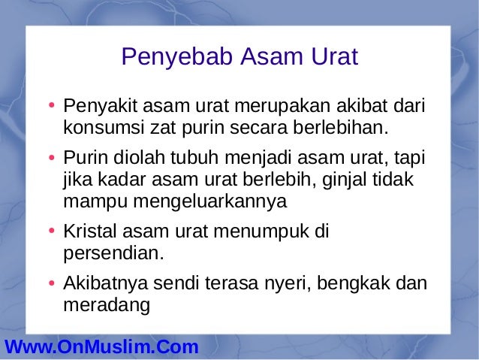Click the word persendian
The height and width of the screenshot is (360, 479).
(113, 253)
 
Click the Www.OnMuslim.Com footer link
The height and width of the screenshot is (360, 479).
(101, 347)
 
